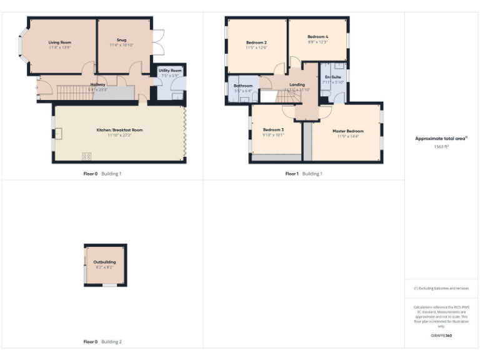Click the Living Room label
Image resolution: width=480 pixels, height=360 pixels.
tap(60, 42)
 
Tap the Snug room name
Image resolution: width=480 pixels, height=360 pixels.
tap(121, 40)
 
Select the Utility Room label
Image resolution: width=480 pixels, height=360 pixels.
tap(170, 71)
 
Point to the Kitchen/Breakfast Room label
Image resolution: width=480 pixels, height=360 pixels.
tap(119, 130)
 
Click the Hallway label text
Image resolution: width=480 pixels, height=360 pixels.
tap(98, 84)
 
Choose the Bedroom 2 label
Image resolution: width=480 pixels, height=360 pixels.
tap(256, 42)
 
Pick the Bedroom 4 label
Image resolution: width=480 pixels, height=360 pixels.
tap(317, 37)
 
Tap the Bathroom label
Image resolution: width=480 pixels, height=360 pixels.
tap(243, 86)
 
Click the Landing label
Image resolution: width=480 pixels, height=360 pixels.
tap(297, 84)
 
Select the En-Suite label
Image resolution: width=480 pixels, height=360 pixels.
tap(332, 77)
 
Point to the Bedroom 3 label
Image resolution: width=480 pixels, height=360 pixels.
tap(273, 129)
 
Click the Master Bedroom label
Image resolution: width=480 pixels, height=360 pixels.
tap(347, 131)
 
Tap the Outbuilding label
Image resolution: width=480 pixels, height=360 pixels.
tap(104, 262)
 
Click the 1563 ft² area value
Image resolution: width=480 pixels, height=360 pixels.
tap(442, 146)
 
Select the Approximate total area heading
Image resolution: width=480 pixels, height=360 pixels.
tap(441, 139)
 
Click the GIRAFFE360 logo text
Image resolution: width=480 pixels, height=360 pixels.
tap(441, 336)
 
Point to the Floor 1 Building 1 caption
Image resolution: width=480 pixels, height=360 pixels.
tap(304, 173)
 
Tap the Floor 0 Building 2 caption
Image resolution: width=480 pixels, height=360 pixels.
tap(102, 342)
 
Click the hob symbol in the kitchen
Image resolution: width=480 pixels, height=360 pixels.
tap(86, 156)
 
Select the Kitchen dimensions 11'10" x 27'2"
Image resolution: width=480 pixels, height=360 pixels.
tap(119, 135)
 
